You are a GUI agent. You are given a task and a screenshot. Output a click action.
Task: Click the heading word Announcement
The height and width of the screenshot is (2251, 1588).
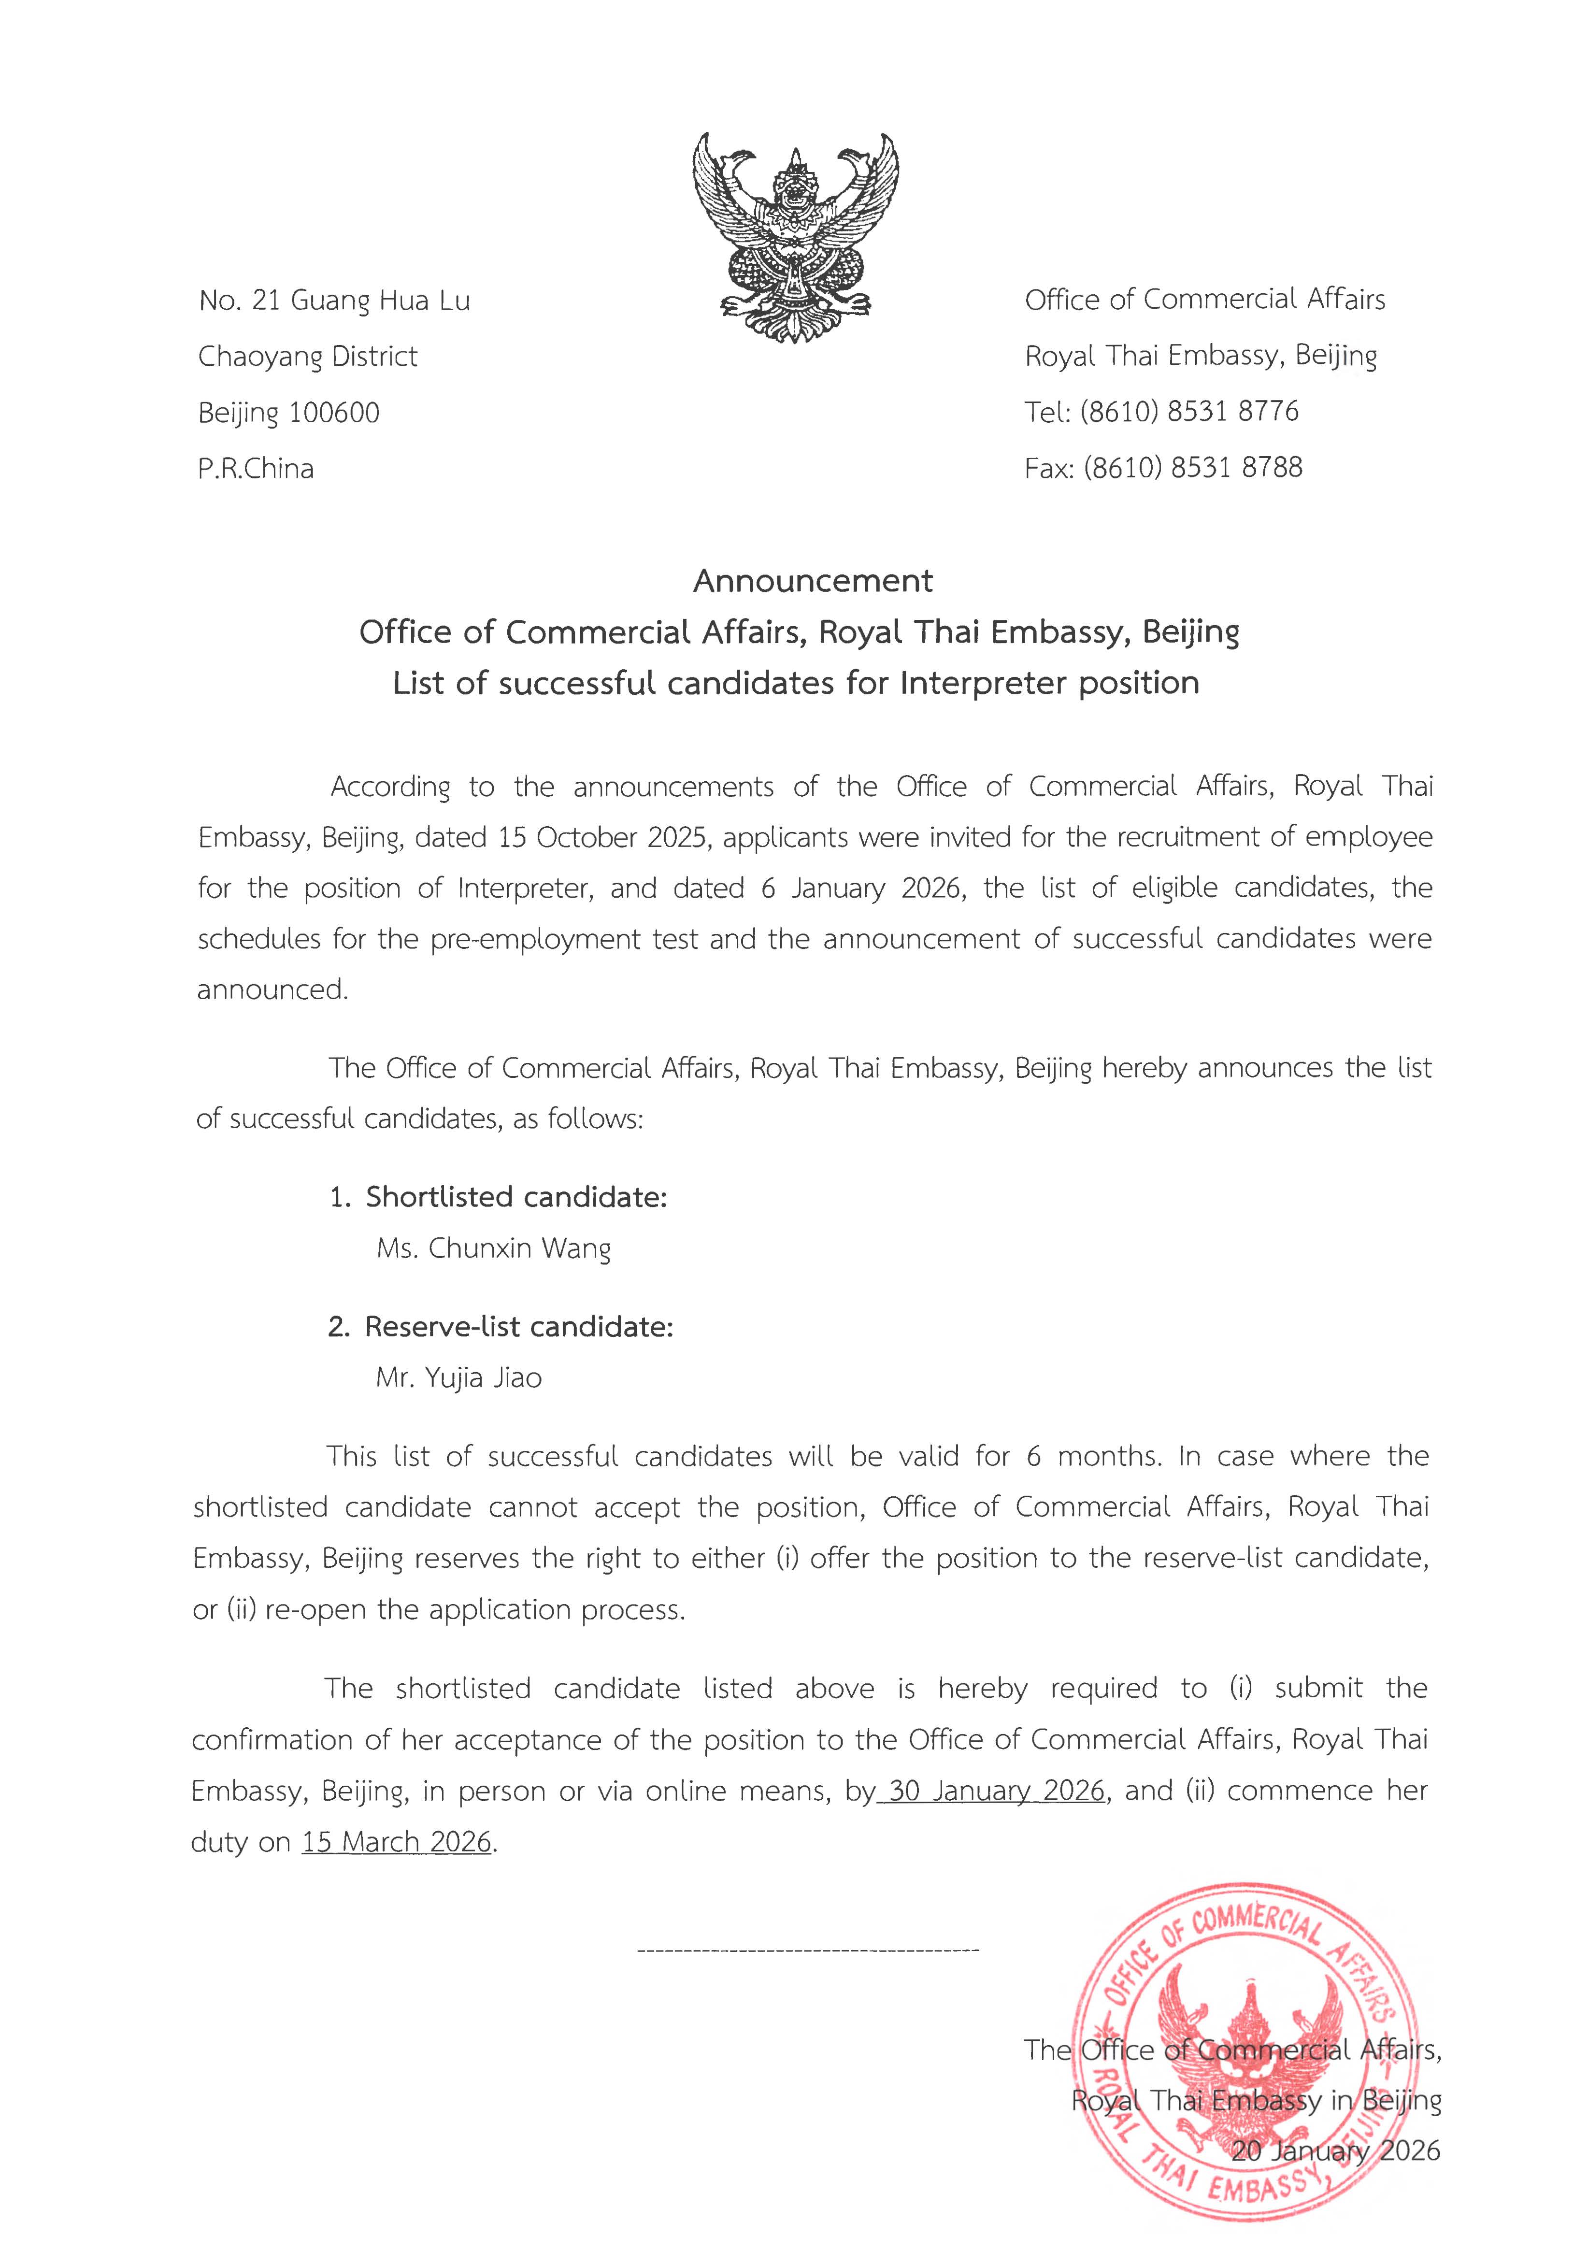pyautogui.click(x=813, y=581)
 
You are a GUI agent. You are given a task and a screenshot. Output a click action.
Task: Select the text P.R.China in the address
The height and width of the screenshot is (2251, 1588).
pyautogui.click(x=256, y=469)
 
